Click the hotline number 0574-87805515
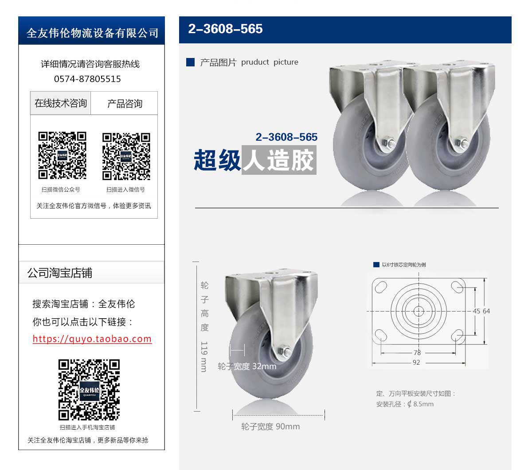87,79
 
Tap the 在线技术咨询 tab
60,103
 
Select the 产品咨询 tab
125,103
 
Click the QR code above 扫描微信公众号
62,155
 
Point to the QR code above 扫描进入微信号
126,157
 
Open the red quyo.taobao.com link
92,339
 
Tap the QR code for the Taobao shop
89,389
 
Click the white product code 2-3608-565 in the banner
225,29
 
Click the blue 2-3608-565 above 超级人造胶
286,137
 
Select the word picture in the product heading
286,62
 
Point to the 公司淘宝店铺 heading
60,273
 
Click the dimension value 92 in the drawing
416,362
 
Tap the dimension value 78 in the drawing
417,352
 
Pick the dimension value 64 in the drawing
486,311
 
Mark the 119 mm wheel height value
204,356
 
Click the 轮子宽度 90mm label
270,427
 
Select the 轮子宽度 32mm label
247,366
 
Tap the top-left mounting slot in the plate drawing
381,287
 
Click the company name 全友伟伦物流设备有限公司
92,33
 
